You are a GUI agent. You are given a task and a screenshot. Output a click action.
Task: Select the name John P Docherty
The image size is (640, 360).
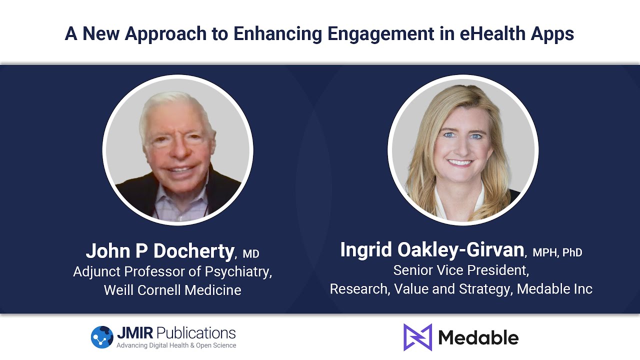(159, 250)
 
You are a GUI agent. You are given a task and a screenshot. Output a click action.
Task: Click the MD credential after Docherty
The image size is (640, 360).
(251, 253)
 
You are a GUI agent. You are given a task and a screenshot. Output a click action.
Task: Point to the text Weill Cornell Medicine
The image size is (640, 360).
(172, 289)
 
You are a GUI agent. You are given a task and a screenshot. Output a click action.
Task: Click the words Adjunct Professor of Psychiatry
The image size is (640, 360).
(172, 271)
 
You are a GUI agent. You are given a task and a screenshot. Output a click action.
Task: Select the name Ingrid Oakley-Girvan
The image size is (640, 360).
(432, 249)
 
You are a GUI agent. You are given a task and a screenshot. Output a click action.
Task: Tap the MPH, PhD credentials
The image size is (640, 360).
(557, 252)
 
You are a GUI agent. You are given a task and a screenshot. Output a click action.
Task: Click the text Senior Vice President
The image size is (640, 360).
(461, 270)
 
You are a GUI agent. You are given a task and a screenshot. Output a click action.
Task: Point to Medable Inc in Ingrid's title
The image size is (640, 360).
(554, 288)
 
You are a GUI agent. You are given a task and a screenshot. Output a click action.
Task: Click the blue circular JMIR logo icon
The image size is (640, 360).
(102, 337)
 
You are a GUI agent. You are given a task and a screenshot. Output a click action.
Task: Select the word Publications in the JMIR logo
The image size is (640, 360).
(196, 332)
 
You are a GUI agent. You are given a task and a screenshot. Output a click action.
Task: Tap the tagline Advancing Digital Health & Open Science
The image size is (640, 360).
(176, 345)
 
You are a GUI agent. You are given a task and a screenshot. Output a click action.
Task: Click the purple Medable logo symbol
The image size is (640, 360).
(417, 337)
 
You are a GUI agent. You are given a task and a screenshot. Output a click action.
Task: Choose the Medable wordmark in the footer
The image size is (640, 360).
(478, 337)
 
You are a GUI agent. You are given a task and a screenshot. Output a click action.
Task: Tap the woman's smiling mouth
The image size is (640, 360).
(459, 163)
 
